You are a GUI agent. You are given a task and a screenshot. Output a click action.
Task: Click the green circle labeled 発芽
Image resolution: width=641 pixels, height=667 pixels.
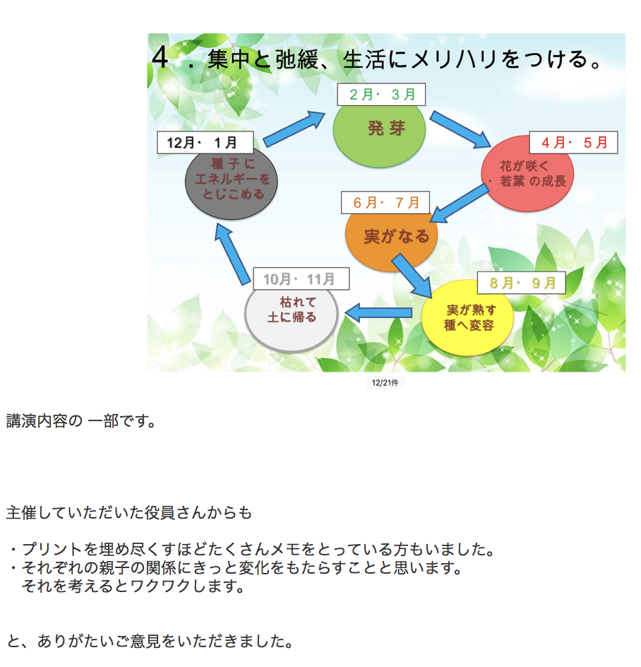click(x=379, y=134)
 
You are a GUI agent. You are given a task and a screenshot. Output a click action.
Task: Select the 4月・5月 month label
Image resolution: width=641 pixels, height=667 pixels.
click(x=573, y=142)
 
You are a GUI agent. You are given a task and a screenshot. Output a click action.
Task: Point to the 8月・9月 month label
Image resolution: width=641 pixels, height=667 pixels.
click(x=521, y=284)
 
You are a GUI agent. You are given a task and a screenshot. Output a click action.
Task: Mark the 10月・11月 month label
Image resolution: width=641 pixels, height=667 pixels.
click(x=301, y=279)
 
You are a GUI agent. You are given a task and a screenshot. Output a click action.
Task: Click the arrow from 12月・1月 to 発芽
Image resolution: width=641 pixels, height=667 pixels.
click(x=296, y=128)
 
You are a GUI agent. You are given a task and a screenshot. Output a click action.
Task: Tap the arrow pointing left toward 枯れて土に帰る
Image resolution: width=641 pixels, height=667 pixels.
click(x=378, y=312)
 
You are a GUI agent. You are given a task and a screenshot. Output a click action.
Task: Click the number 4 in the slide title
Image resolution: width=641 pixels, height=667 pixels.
click(x=160, y=58)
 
